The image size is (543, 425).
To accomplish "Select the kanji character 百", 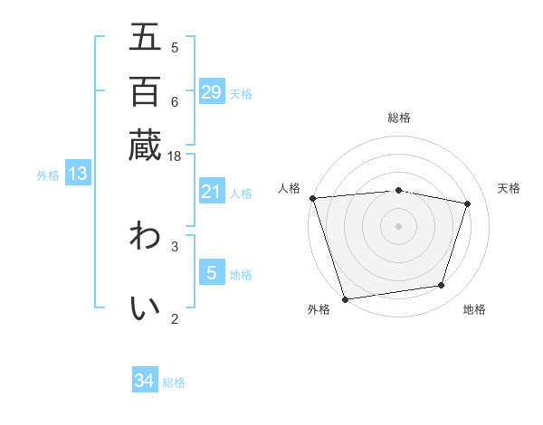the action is coord(145,90).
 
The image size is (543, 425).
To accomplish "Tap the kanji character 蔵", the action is coord(145,145).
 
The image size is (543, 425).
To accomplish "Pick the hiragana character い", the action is coord(145,307).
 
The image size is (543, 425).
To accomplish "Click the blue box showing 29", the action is coord(212,92).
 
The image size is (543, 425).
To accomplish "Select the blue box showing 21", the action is coord(212,192).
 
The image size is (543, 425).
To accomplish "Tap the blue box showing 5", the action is coord(212,272).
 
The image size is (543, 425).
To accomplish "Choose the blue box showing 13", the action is coord(78,174).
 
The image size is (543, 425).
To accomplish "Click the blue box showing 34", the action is coord(145,381).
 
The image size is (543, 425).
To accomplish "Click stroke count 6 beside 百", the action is coord(175,101).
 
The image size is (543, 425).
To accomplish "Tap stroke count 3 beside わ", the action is coord(175,245).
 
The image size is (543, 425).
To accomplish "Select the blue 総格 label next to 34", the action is coord(174,382).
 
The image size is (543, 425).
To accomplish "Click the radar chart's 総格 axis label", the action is coord(399,118).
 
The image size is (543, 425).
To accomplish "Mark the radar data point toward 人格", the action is coord(312,198).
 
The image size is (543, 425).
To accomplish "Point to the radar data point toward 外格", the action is coord(345,298).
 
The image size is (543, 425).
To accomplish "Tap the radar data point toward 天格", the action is coord(468,203).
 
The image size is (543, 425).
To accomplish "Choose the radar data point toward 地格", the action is coord(442,286).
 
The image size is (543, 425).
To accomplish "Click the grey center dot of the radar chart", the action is coord(399,226).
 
